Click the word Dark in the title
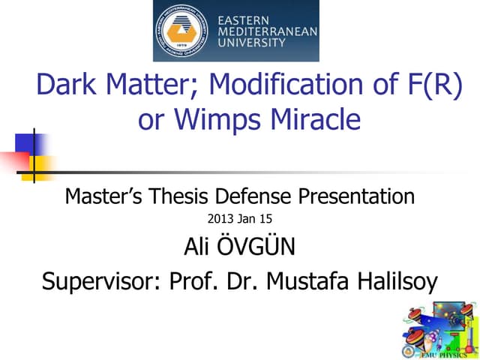(x=70, y=86)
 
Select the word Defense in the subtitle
(x=251, y=196)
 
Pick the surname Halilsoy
(x=389, y=282)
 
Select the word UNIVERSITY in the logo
(x=251, y=43)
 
